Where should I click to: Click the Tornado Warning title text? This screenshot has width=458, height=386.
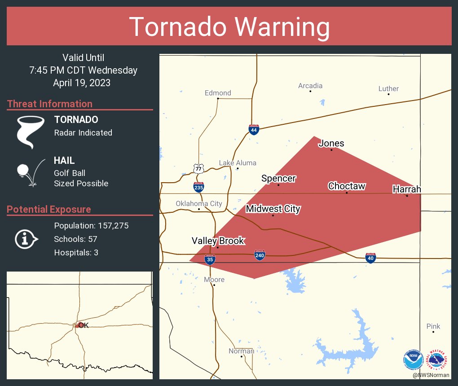coord(229,27)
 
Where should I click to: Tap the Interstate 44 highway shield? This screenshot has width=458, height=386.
coord(254,130)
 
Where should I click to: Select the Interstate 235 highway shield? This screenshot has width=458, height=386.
coord(199,187)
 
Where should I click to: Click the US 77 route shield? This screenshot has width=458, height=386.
coord(198,168)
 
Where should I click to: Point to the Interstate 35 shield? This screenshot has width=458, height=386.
coord(210,259)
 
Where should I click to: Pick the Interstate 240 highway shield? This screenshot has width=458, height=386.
coord(260,255)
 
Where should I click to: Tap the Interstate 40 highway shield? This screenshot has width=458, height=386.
coord(370,258)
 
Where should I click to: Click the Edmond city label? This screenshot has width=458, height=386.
coord(218,93)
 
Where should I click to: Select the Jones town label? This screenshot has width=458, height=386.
coord(331,144)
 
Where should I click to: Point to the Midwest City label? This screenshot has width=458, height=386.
coord(273,209)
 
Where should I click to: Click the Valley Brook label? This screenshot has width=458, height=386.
coord(218,241)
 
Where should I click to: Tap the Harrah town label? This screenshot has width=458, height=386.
coord(407,189)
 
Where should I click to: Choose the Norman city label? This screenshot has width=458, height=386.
coord(241,351)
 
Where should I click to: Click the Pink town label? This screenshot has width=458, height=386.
coord(433,326)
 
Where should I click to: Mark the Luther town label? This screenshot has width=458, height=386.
coord(388,89)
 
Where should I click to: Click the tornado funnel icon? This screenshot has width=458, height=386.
coord(30,132)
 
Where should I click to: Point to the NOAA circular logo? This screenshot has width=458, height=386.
coord(414,359)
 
